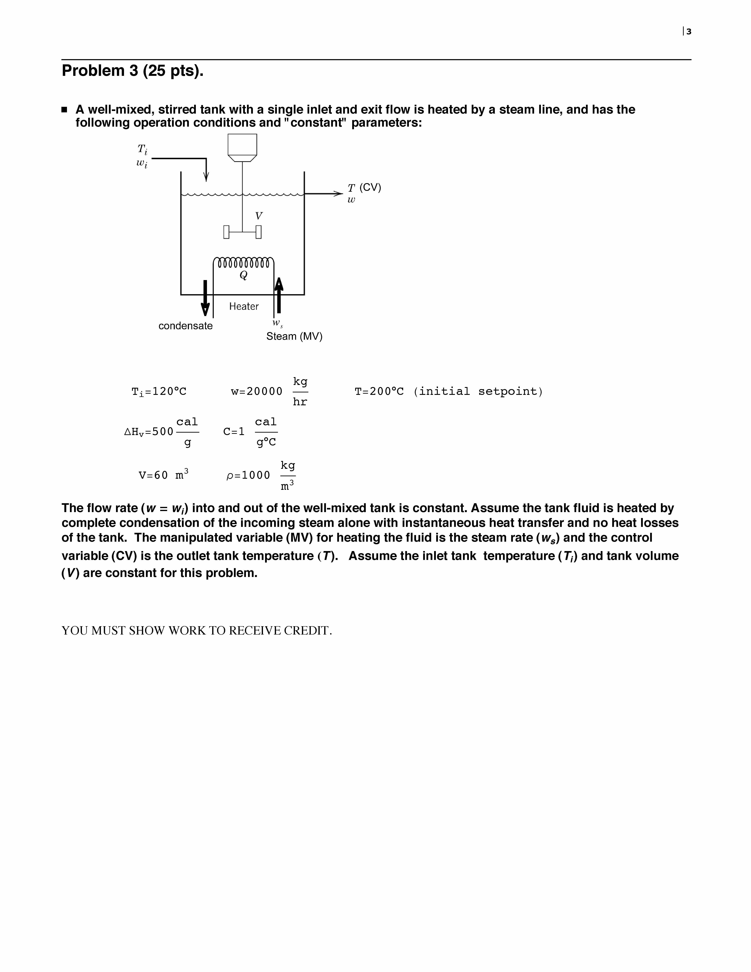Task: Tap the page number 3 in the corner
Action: pos(689,32)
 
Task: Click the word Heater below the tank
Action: pos(244,306)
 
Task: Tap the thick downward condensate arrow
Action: pos(205,298)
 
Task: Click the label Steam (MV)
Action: pos(294,336)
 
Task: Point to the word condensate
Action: pos(186,326)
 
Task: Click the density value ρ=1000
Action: pos(248,475)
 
